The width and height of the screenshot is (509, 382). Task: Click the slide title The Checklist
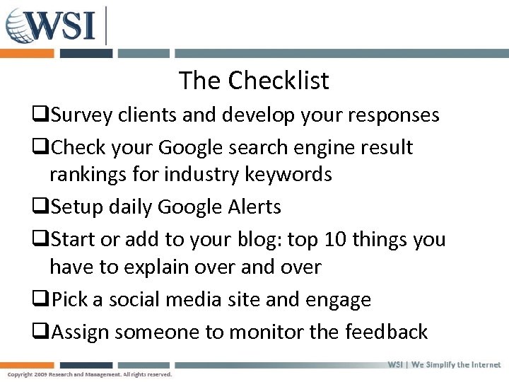254,81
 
